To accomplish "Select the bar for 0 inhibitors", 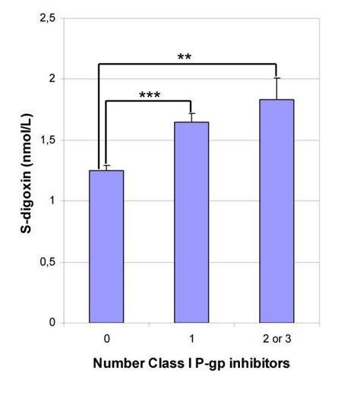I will tap(106, 246).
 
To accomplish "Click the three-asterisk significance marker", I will tap(150, 97).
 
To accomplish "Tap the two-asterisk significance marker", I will tap(184, 58).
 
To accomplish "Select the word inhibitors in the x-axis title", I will tap(262, 363).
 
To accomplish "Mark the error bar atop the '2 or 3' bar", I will tap(276, 88).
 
